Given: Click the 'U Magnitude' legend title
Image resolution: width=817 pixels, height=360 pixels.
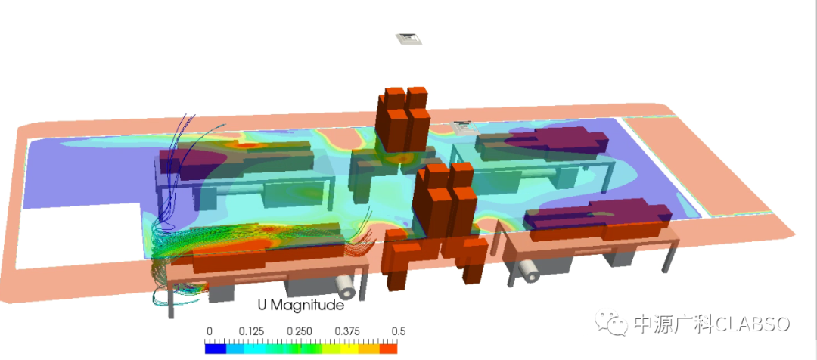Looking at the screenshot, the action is (x=300, y=305).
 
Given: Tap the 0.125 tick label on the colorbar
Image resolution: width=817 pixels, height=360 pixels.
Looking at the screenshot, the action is (x=252, y=332).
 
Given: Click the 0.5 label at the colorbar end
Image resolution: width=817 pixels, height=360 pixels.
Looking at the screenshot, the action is (x=399, y=332).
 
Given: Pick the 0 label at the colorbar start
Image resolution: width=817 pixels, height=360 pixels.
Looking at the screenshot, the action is (x=209, y=332).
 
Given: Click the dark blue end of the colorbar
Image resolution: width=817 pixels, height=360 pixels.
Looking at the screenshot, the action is (x=215, y=349).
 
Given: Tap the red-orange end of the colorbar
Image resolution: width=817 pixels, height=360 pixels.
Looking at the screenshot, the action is (x=388, y=349).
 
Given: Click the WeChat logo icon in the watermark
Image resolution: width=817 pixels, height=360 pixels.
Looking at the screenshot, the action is (x=614, y=323).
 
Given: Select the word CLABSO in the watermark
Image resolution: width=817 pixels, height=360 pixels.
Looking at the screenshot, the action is (x=752, y=324).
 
